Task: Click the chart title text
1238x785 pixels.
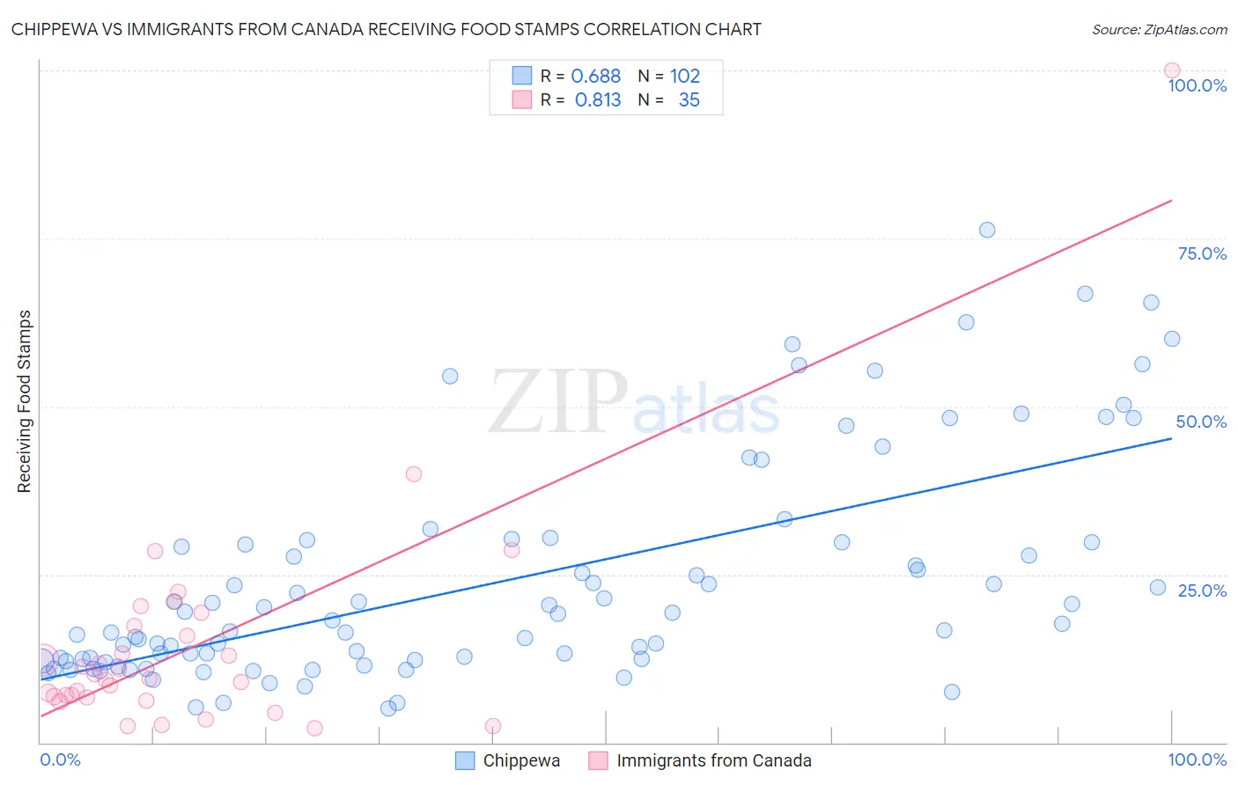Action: pyautogui.click(x=386, y=29)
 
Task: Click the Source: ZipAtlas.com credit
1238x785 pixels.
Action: pyautogui.click(x=1159, y=29)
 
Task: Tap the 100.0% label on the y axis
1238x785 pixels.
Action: pyautogui.click(x=1197, y=85)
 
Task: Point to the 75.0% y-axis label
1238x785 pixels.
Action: pyautogui.click(x=1202, y=253)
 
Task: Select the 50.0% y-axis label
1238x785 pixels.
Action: pyautogui.click(x=1201, y=422)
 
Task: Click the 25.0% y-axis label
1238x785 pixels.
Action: pyautogui.click(x=1202, y=591)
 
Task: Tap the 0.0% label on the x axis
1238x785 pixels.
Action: pyautogui.click(x=60, y=759)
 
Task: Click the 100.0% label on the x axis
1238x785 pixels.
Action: pyautogui.click(x=1197, y=759)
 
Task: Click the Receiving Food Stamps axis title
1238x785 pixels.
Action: pyautogui.click(x=25, y=401)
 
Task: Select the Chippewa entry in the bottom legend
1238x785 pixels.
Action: pyautogui.click(x=520, y=760)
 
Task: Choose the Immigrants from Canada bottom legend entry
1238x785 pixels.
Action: pyautogui.click(x=713, y=760)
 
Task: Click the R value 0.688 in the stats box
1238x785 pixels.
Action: pyautogui.click(x=596, y=77)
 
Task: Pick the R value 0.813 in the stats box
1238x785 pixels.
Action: pyautogui.click(x=597, y=100)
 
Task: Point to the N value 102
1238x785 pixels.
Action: pyautogui.click(x=685, y=77)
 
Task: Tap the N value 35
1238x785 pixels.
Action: pyautogui.click(x=689, y=100)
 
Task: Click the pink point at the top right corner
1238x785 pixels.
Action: pyautogui.click(x=1171, y=70)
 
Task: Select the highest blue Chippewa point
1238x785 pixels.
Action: pyautogui.click(x=987, y=230)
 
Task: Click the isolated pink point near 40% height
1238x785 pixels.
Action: pyautogui.click(x=413, y=473)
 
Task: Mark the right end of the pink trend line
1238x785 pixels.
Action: pyautogui.click(x=1171, y=201)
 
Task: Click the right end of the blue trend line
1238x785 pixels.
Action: pyautogui.click(x=1171, y=437)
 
